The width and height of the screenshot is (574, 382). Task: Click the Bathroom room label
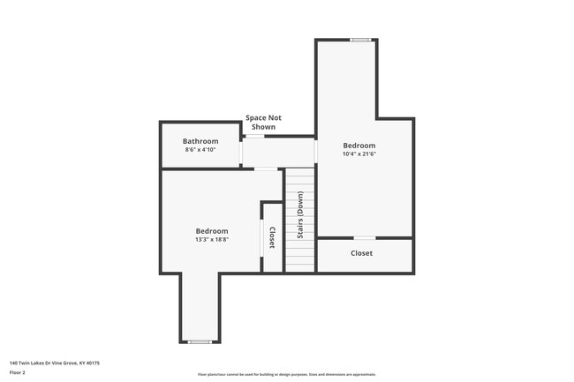(200, 141)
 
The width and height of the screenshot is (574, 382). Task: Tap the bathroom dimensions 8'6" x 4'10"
(200, 150)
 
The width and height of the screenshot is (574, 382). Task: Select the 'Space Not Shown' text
(263, 122)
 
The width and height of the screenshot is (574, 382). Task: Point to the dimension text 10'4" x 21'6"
(359, 154)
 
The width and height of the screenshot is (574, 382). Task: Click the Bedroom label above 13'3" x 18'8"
(212, 231)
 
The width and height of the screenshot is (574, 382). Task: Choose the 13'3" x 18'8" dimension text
(212, 240)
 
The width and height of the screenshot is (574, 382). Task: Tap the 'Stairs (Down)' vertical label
(300, 222)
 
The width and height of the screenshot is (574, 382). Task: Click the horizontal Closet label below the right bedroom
(361, 253)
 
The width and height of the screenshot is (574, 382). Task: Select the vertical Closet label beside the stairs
(272, 237)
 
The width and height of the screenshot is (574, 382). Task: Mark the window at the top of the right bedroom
(359, 40)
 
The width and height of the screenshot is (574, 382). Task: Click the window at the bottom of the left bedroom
(200, 341)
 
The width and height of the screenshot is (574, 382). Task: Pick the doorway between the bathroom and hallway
(242, 152)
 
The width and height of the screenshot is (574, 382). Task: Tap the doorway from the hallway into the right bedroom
(315, 152)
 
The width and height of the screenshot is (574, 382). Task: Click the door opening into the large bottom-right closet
(363, 238)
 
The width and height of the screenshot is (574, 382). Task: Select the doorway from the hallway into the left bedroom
(266, 169)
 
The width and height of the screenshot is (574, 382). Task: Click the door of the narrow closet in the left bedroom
(262, 237)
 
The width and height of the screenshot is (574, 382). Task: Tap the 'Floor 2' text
(19, 372)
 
